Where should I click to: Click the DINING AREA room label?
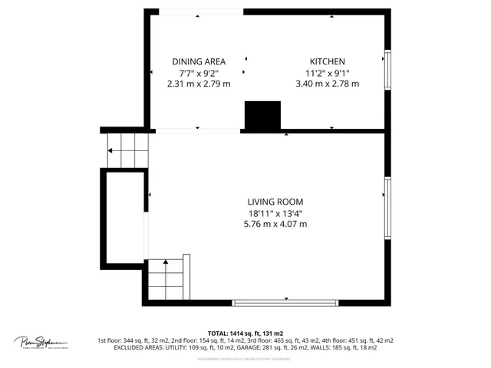198,61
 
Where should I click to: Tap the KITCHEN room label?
327,61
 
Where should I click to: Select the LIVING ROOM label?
275,202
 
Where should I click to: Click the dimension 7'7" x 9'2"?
198,73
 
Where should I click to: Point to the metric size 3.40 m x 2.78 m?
327,84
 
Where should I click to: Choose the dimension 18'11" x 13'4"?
275,213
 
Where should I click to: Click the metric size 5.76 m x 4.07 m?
275,225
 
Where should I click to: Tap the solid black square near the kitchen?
262,116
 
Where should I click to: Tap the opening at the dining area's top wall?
198,11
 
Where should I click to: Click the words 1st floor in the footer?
109,340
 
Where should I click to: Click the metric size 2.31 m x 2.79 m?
198,84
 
